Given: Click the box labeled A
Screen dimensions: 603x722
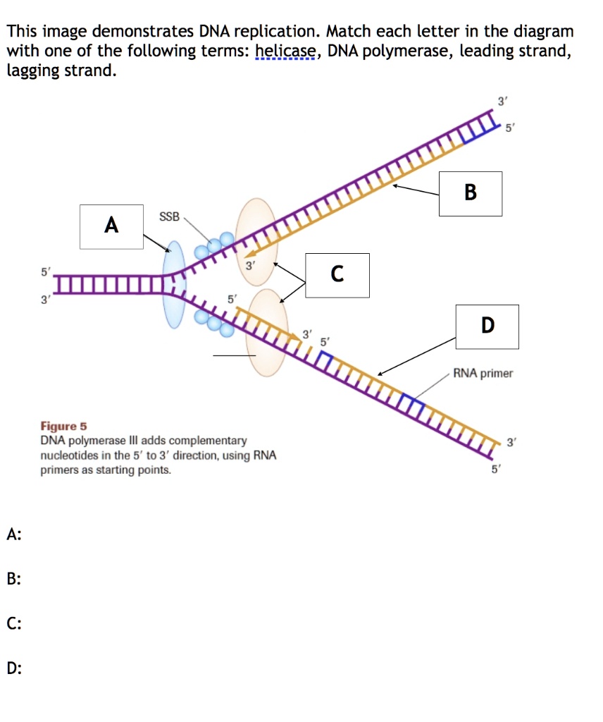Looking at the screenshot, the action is point(111,226).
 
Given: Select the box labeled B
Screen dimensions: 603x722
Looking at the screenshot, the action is point(470,193).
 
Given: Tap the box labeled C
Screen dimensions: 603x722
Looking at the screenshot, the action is point(337,274).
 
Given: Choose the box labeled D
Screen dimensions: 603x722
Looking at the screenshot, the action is point(487,326).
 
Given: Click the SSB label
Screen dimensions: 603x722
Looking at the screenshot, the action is point(169,216).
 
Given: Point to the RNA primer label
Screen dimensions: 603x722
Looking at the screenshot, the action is point(483,373).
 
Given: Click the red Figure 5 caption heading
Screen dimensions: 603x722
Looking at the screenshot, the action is point(63,427).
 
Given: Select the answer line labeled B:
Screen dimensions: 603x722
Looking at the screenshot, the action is point(13,580).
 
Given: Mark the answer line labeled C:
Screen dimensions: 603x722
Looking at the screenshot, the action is point(13,623).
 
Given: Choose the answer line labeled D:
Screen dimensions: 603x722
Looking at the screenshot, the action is point(13,668).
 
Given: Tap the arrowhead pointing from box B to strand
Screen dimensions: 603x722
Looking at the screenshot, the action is point(396,187).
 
